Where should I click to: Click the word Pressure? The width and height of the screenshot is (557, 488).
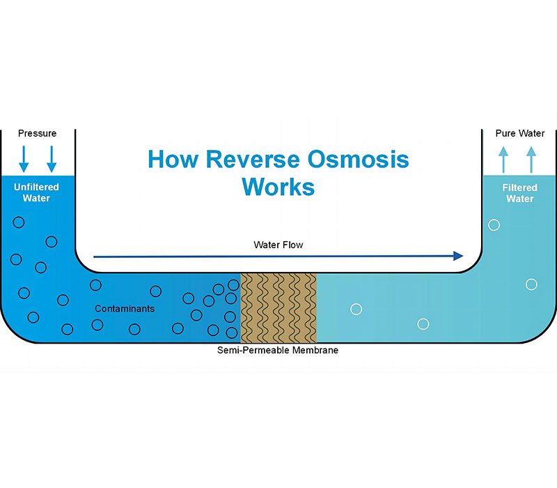(37, 133)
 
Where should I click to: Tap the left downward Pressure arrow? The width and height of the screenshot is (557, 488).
(24, 158)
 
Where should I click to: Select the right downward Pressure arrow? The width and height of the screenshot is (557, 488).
(51, 158)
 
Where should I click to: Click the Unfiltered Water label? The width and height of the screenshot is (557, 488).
(36, 192)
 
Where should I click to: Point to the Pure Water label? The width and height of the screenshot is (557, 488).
(520, 133)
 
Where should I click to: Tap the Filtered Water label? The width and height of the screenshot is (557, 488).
(520, 193)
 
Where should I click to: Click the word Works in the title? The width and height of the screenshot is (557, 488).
(278, 187)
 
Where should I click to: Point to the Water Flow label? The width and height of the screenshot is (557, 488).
(278, 245)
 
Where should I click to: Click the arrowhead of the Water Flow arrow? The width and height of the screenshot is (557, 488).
(458, 256)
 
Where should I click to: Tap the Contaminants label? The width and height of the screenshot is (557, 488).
(125, 308)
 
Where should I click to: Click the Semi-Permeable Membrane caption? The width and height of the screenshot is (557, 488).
(278, 350)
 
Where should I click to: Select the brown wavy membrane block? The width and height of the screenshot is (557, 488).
(278, 307)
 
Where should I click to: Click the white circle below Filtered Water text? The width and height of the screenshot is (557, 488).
(494, 224)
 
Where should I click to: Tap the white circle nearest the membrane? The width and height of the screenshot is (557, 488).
(356, 309)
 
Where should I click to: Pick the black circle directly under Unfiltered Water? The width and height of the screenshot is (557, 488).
(19, 222)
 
